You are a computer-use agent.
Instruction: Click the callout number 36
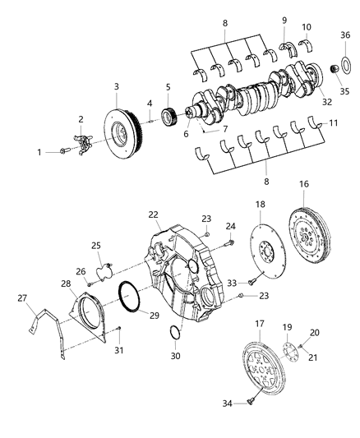click(345, 35)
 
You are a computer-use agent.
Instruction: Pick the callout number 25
click(96, 246)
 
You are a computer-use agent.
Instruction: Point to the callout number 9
click(284, 20)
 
